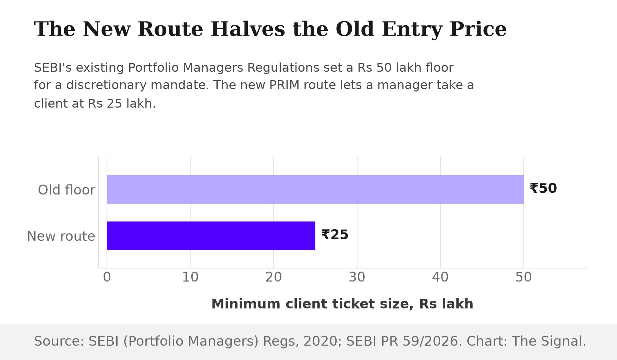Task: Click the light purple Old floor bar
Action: pos(315,189)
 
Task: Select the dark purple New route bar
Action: pos(211,236)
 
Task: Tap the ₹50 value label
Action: pos(543,189)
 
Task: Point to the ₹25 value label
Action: pos(335,235)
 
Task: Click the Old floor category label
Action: pos(66,190)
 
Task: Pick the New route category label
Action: pos(61,236)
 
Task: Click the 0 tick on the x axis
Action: pos(107,277)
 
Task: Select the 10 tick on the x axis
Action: pos(190,277)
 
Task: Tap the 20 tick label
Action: pos(274,277)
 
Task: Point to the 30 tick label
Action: pos(357,277)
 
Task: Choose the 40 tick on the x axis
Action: pos(440,277)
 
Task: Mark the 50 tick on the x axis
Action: pos(524,277)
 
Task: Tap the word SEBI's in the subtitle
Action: pos(53,68)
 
